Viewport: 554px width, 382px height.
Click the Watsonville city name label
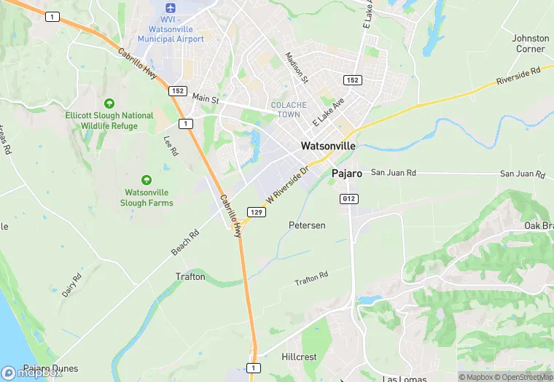(328, 146)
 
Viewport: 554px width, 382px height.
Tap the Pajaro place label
(347, 174)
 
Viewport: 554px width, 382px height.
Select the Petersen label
(307, 225)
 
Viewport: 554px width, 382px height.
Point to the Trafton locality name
(190, 277)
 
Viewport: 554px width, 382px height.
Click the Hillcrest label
(298, 357)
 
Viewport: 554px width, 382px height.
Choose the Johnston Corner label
(530, 43)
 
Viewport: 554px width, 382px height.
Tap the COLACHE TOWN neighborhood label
(289, 110)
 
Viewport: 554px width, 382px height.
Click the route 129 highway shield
(255, 211)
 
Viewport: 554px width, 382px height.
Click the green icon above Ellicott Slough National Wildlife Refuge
(109, 104)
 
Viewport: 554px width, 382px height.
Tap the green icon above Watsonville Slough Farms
(147, 179)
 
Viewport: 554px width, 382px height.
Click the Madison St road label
(297, 68)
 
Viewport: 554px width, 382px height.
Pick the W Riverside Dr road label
(288, 183)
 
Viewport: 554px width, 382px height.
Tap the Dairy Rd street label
(71, 281)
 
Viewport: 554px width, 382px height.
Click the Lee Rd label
(171, 147)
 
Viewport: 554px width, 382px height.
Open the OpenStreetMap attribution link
(523, 377)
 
